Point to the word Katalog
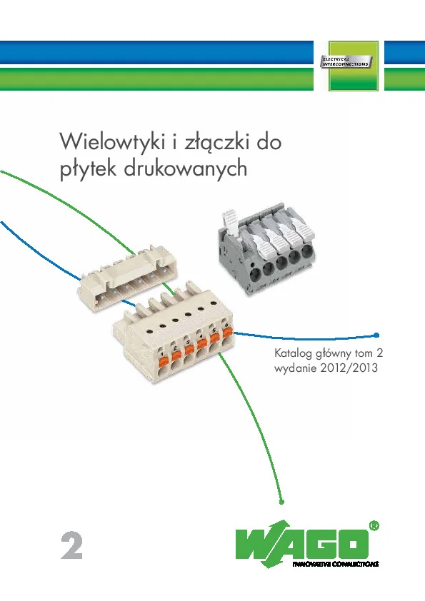(294, 353)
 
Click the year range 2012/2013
(349, 368)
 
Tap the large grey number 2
(71, 545)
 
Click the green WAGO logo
(303, 543)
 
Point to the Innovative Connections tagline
(336, 564)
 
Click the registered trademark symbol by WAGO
(374, 525)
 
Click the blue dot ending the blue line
(376, 335)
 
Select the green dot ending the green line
(281, 502)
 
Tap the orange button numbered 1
(164, 360)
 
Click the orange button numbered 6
(228, 332)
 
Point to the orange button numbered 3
(189, 350)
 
